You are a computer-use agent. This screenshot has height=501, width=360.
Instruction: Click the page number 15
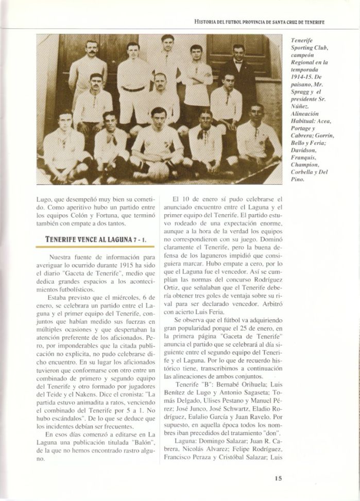pos(278,478)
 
